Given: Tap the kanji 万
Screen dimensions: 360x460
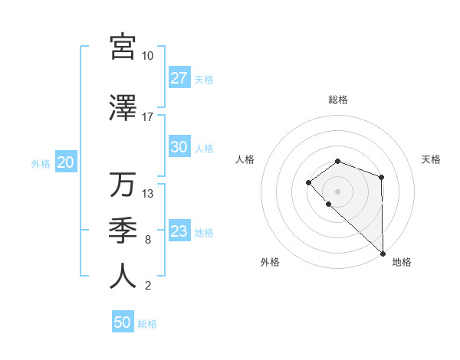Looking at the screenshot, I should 123,185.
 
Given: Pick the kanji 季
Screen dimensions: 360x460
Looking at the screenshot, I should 123,230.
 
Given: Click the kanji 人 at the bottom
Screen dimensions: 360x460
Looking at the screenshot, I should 123,276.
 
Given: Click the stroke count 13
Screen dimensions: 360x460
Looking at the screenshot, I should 148,193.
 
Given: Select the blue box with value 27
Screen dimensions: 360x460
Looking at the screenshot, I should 179,79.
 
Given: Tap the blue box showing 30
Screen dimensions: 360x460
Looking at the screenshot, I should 179,148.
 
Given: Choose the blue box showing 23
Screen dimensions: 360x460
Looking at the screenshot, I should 179,232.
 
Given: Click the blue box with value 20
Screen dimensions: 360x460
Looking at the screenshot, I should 65,162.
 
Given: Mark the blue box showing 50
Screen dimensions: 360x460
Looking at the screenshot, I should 122,322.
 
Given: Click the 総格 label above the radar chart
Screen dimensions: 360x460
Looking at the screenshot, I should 337,100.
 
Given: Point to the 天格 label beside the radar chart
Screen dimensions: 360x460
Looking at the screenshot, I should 431,159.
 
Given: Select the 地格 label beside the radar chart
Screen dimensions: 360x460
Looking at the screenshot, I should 402,262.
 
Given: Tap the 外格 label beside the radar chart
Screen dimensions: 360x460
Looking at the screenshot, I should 270,262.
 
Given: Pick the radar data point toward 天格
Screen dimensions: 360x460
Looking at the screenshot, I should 381,178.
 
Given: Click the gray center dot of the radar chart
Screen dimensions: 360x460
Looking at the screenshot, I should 337,191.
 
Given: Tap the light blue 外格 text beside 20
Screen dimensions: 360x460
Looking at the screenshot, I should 40,163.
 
